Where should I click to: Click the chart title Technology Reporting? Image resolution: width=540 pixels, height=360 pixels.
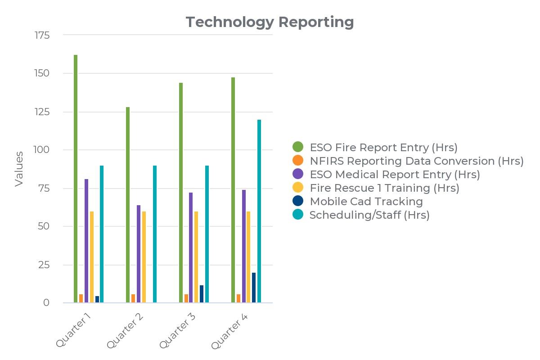point(270,22)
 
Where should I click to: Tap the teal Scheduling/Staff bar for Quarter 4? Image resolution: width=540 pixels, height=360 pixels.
point(259,211)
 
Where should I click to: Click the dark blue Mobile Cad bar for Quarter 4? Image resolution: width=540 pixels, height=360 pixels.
point(254,288)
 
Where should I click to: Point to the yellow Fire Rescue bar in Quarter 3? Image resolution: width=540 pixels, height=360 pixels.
point(196,257)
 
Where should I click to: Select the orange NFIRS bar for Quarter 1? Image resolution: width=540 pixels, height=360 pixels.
point(81,298)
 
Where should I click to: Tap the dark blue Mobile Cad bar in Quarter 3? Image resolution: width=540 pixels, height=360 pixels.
point(202,294)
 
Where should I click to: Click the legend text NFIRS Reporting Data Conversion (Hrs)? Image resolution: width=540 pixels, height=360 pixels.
point(417,161)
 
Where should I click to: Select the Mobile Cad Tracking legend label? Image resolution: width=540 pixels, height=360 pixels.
point(366,201)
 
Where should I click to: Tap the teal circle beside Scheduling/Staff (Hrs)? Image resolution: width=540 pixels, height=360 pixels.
point(298,215)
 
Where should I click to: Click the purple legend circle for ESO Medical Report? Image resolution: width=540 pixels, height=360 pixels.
point(298,174)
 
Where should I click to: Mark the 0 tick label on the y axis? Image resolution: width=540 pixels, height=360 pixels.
point(46,303)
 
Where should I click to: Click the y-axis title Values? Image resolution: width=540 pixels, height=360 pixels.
point(19,169)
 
